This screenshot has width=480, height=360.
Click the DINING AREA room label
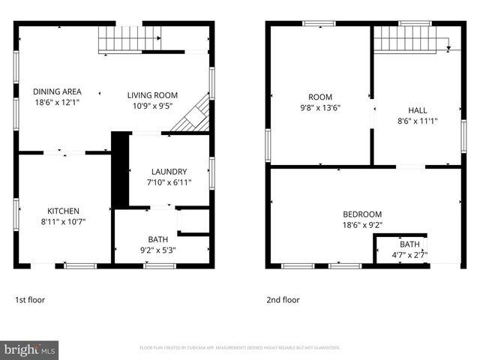coord(57,92)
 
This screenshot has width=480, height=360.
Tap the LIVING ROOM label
coord(152,95)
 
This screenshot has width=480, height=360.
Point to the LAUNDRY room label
coord(169,172)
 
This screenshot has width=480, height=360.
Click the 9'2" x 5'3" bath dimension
coord(157,250)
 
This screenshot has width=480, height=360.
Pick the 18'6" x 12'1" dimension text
coord(57,102)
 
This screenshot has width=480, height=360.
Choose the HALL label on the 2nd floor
coord(417,110)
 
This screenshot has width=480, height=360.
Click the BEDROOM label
coord(362,214)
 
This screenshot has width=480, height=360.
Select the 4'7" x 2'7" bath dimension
coord(409,255)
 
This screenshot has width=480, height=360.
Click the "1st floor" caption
coord(30,300)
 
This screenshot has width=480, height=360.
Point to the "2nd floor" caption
coord(283,300)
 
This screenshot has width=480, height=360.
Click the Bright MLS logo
coord(30,349)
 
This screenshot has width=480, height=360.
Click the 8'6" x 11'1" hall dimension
coord(417,121)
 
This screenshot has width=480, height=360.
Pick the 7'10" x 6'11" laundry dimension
coord(169,182)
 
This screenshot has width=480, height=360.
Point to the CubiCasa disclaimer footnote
coord(240,348)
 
